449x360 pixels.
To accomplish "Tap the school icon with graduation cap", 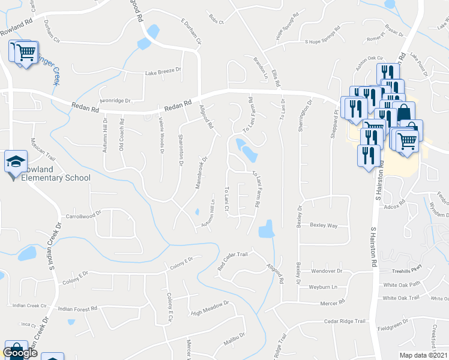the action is point(15,162).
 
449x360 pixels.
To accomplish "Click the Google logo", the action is point(20,353).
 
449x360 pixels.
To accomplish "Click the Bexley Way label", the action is point(324,226).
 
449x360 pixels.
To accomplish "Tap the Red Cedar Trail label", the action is point(232,260).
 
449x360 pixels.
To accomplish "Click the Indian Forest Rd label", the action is point(77,309).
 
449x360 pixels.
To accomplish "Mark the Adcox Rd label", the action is point(408,206).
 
